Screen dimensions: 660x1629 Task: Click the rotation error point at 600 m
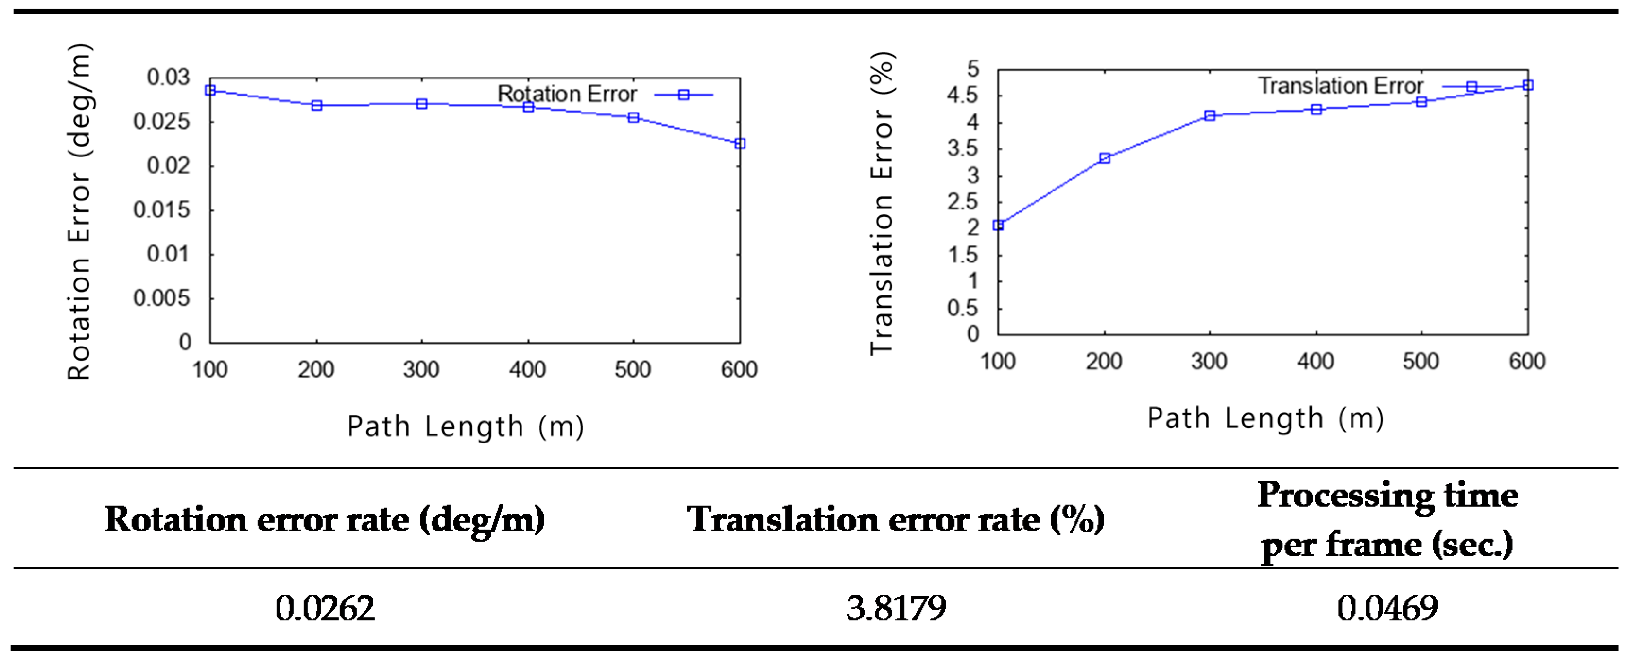pos(740,144)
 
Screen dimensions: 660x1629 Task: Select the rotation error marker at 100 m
pos(210,90)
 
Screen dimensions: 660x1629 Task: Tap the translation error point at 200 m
pos(1104,158)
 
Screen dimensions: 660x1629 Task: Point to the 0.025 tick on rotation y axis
pos(161,122)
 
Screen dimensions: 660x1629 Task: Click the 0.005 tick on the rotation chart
pos(161,298)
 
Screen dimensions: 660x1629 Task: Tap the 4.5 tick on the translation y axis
pos(962,96)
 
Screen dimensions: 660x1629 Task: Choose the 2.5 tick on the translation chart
pos(962,202)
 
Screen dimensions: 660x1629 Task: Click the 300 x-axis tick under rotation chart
pos(421,369)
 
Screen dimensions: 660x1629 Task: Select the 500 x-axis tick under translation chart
pos(1421,362)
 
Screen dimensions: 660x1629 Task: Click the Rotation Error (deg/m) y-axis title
pos(80,212)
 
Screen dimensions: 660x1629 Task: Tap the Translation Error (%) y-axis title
pos(882,204)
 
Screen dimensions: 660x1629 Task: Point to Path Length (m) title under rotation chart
pos(466,427)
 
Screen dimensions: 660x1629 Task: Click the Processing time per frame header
pos(1387,520)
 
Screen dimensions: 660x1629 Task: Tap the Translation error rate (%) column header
pos(896,520)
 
